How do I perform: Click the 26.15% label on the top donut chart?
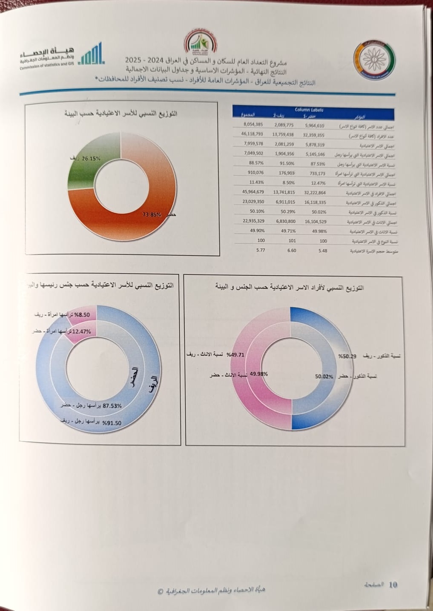pos(91,158)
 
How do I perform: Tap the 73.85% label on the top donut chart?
pos(152,214)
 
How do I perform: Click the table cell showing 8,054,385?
pos(253,124)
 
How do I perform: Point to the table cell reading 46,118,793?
pos(252,134)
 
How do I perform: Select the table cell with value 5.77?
pos(261,250)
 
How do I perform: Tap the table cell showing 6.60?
pos(292,251)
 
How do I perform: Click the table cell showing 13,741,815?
pos(284,192)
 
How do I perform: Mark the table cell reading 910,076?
pos(255,173)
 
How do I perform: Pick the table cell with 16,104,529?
pos(315,222)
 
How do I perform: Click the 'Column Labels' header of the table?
pos(309,110)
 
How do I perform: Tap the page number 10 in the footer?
pos(393,585)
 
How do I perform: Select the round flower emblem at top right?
pos(374,60)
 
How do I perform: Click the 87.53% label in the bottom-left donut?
pos(112,406)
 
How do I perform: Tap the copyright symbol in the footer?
pos(161,591)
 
